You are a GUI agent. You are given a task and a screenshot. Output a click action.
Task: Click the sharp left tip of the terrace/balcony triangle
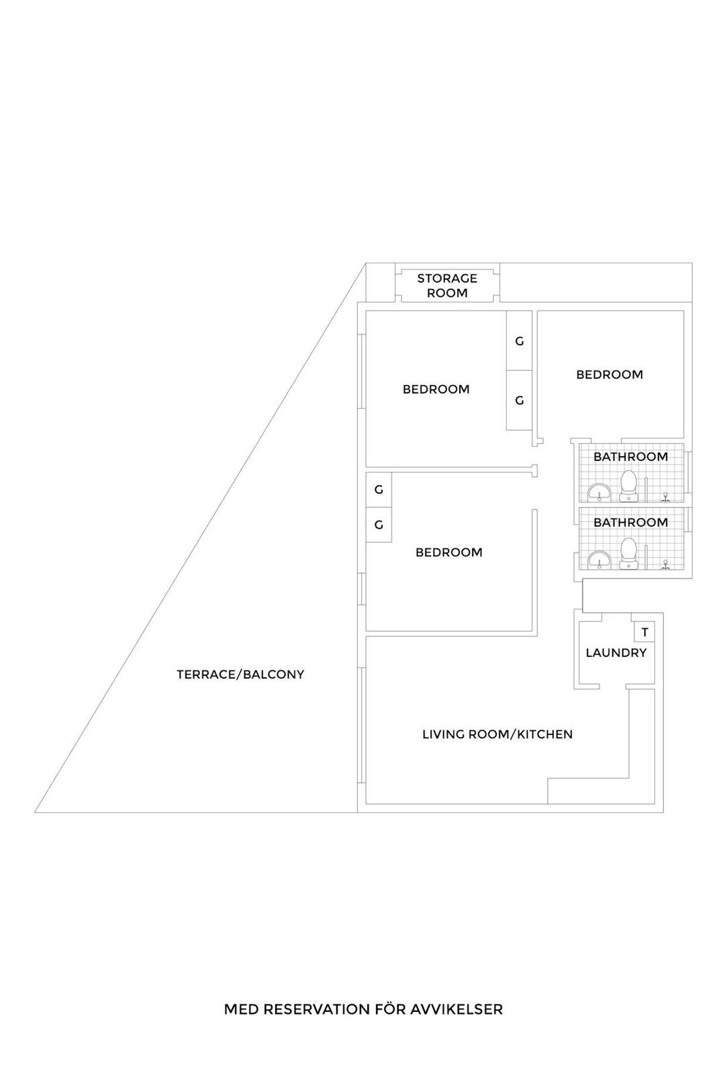34,812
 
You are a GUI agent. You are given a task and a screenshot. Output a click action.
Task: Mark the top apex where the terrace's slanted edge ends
366,263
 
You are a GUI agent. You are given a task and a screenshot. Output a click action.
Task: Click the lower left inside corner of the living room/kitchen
367,803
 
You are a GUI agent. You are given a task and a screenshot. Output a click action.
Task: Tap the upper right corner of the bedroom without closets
683,311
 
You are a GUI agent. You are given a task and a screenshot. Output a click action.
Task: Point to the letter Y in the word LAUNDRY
642,652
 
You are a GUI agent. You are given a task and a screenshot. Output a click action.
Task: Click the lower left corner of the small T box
635,641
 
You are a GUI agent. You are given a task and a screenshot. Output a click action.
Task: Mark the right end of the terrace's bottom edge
357,812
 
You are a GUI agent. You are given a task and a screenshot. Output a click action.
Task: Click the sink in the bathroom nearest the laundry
599,560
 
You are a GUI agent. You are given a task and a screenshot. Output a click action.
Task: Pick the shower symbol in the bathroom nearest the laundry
665,564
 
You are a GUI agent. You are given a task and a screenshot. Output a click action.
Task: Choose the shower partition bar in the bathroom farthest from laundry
646,490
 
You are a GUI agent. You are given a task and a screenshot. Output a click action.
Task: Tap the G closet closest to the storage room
520,341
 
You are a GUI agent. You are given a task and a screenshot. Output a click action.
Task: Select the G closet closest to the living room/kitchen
379,525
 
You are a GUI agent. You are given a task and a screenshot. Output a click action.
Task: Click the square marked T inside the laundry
645,632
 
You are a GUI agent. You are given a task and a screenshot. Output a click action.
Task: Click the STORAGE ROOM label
447,286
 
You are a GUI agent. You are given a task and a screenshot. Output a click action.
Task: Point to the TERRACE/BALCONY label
240,675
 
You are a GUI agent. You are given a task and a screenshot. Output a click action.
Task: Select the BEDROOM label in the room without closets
610,374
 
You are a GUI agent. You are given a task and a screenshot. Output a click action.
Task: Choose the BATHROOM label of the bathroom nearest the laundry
630,522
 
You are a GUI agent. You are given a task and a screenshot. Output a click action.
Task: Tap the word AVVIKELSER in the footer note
456,1009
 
